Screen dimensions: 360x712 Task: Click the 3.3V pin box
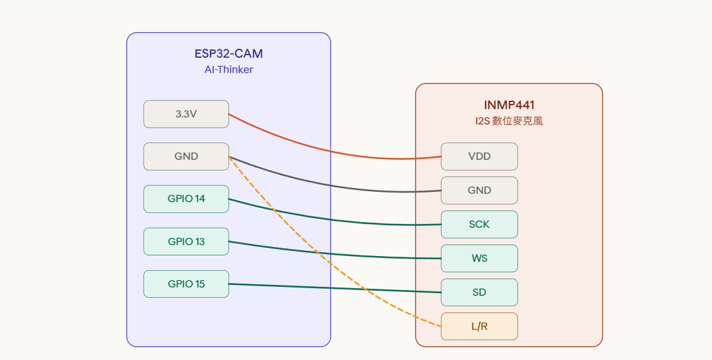(186, 114)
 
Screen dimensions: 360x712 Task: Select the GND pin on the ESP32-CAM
(186, 157)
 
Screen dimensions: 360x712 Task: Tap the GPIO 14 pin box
(186, 199)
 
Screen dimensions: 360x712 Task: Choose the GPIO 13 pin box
(186, 241)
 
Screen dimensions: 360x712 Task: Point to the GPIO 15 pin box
(186, 284)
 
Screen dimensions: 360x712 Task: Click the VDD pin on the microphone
(479, 157)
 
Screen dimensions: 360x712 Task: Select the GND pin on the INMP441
(479, 191)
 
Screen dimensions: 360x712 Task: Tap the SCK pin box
(479, 225)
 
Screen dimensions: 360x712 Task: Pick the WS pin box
(479, 259)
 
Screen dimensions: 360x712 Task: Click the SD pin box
(479, 293)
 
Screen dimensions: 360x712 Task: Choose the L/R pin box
(479, 327)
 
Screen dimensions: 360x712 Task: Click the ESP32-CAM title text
(229, 54)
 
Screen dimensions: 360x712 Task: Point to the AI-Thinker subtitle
(229, 70)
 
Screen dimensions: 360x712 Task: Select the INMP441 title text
(509, 105)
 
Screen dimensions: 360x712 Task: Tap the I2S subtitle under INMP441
(509, 121)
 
